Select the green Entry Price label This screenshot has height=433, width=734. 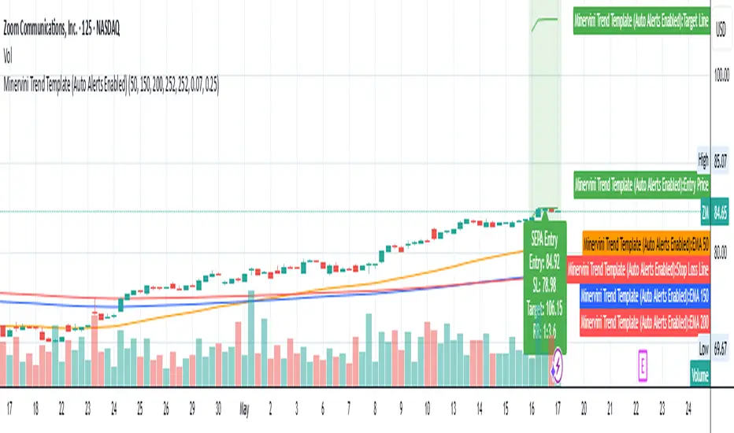pyautogui.click(x=641, y=186)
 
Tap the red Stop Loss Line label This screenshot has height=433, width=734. pyautogui.click(x=638, y=270)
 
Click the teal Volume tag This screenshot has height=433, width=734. pyautogui.click(x=699, y=375)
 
